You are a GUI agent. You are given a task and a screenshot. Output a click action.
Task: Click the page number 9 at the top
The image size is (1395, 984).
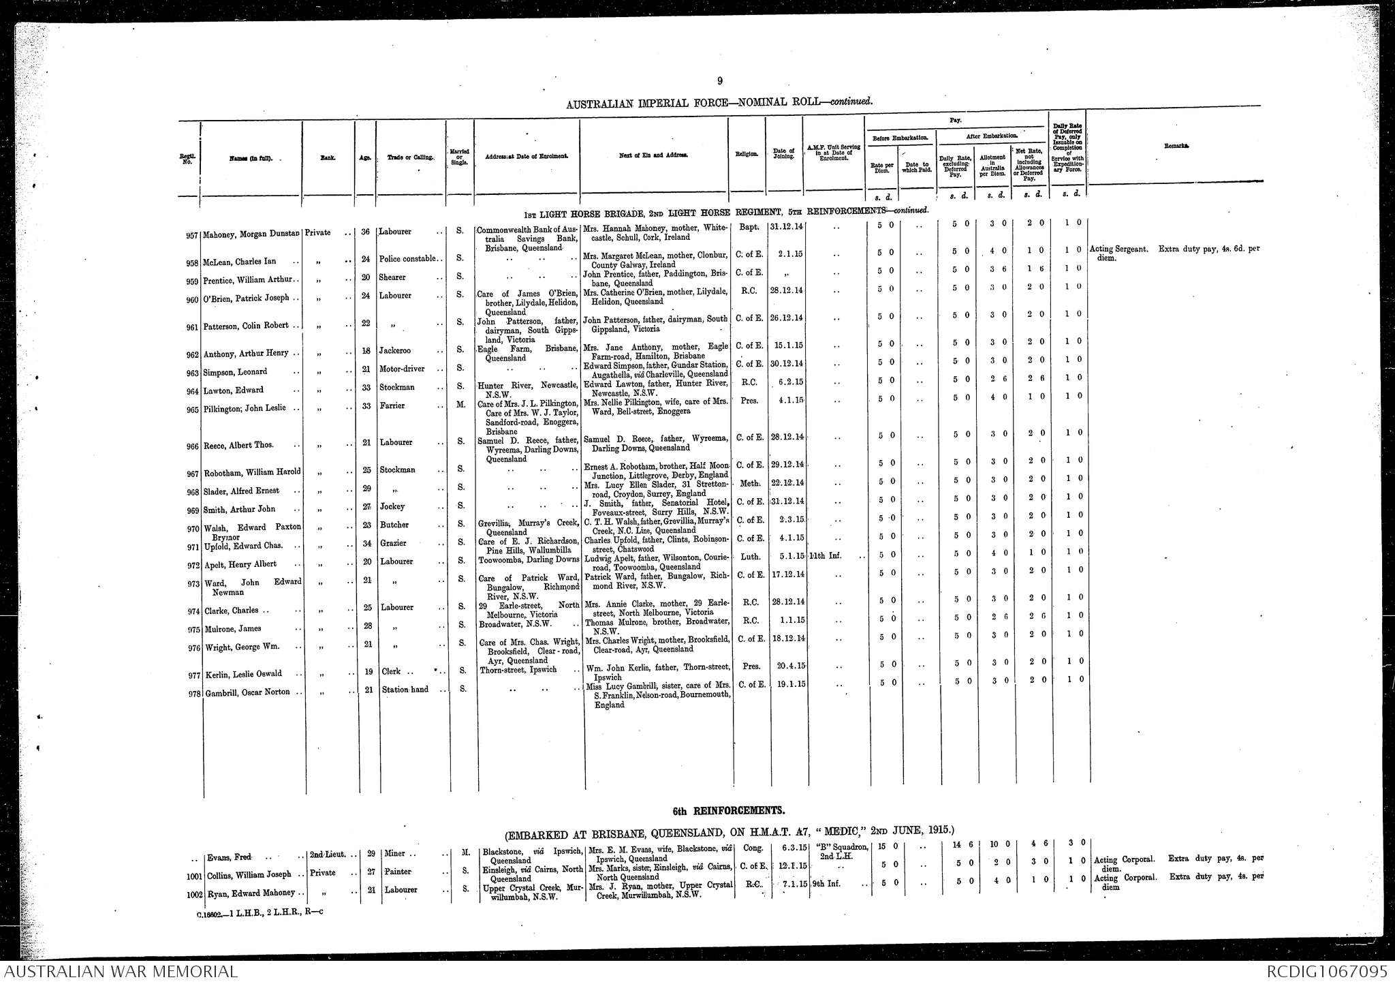719,82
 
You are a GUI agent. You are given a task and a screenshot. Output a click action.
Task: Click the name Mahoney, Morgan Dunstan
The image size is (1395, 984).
251,234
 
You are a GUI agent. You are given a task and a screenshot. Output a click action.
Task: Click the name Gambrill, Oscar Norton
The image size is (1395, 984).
247,692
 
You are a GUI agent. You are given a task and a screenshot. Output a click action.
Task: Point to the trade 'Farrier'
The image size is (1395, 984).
393,406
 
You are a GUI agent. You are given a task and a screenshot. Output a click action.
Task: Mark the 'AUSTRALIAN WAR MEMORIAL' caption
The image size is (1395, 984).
120,972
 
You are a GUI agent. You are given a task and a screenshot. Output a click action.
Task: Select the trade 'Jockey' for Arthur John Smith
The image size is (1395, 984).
393,507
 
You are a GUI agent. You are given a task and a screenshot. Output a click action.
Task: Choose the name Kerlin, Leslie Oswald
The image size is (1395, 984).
243,674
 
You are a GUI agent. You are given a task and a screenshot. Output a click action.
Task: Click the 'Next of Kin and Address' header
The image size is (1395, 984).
653,155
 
